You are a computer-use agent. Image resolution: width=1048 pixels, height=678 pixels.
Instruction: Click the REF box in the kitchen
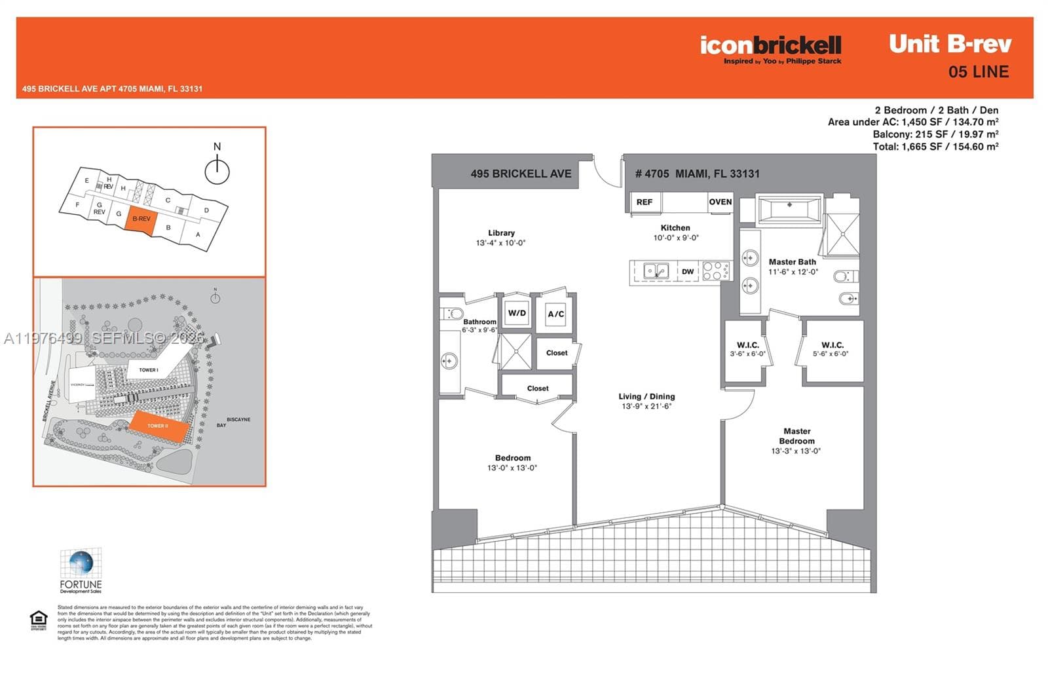(x=645, y=202)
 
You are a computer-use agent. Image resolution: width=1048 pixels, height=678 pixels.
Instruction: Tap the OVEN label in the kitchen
(x=720, y=202)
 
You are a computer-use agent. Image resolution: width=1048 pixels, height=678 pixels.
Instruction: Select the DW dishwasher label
(x=687, y=271)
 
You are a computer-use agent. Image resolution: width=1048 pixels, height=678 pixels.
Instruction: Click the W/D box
(x=517, y=313)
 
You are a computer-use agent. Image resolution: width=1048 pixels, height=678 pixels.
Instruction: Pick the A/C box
(x=556, y=314)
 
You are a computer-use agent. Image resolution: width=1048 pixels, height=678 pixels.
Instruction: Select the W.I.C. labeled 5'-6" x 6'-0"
(x=832, y=348)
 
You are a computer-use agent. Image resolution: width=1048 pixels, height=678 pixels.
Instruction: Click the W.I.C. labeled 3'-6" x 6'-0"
(x=747, y=348)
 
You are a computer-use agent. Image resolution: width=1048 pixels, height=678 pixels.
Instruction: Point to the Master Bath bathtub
(x=789, y=210)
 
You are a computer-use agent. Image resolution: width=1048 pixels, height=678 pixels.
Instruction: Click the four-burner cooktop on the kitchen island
(x=716, y=271)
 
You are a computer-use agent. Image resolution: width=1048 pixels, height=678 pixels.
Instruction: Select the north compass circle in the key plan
(x=217, y=172)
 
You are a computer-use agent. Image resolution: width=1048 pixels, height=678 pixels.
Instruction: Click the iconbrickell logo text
(x=770, y=45)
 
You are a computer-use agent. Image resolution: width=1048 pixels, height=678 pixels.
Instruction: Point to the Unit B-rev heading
(x=950, y=44)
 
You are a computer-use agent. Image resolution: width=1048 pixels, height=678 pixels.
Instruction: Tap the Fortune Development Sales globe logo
(x=81, y=564)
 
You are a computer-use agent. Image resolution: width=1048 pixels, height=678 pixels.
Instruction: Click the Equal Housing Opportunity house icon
(x=39, y=619)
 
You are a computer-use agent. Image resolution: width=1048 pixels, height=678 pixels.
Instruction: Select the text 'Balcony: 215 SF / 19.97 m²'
(x=935, y=134)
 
